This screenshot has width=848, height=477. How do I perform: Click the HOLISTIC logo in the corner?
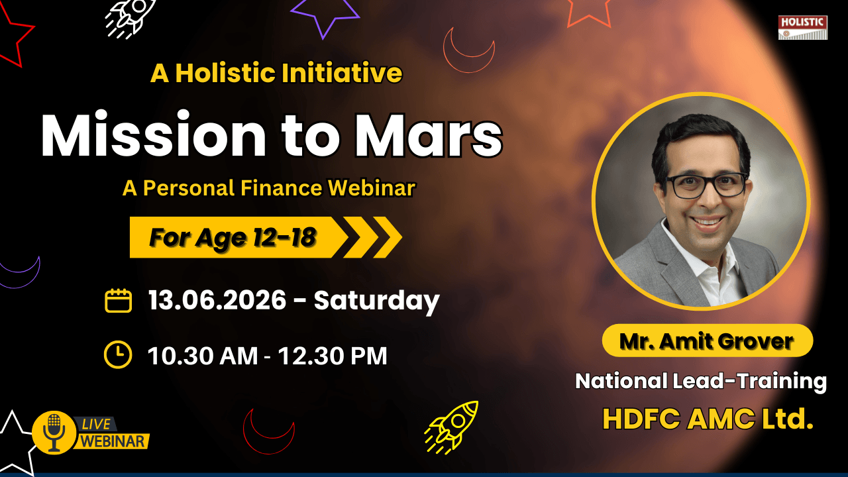[x=802, y=27]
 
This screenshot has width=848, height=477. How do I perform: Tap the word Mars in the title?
[x=428, y=135]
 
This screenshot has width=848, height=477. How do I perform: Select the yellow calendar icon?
[x=118, y=300]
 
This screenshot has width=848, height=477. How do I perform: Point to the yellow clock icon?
[x=118, y=354]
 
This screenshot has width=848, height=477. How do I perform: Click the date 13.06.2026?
[x=217, y=300]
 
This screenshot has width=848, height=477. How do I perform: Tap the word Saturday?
[x=377, y=301]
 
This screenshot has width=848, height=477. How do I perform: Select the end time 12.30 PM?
[x=333, y=356]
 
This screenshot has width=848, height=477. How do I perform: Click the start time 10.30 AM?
[x=203, y=356]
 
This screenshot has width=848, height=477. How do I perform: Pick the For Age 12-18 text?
[x=233, y=238]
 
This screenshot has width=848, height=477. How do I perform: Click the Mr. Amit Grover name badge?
[x=707, y=341]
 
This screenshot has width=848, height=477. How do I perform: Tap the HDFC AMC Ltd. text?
[x=708, y=419]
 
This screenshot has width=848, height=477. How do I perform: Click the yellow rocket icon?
[x=452, y=427]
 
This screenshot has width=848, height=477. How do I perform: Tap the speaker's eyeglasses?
[x=707, y=185]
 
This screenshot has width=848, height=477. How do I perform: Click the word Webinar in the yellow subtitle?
[x=372, y=187]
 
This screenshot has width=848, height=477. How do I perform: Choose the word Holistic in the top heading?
[x=225, y=73]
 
